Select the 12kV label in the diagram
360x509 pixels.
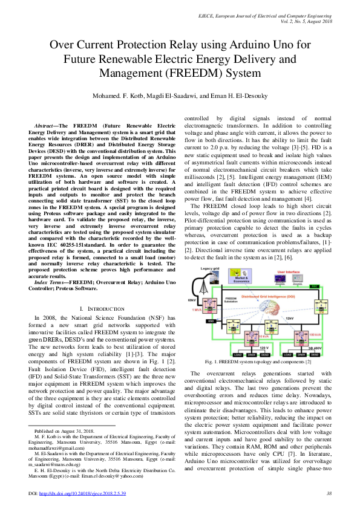[x=289, y=317]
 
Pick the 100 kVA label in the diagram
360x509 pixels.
[x=315, y=333]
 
